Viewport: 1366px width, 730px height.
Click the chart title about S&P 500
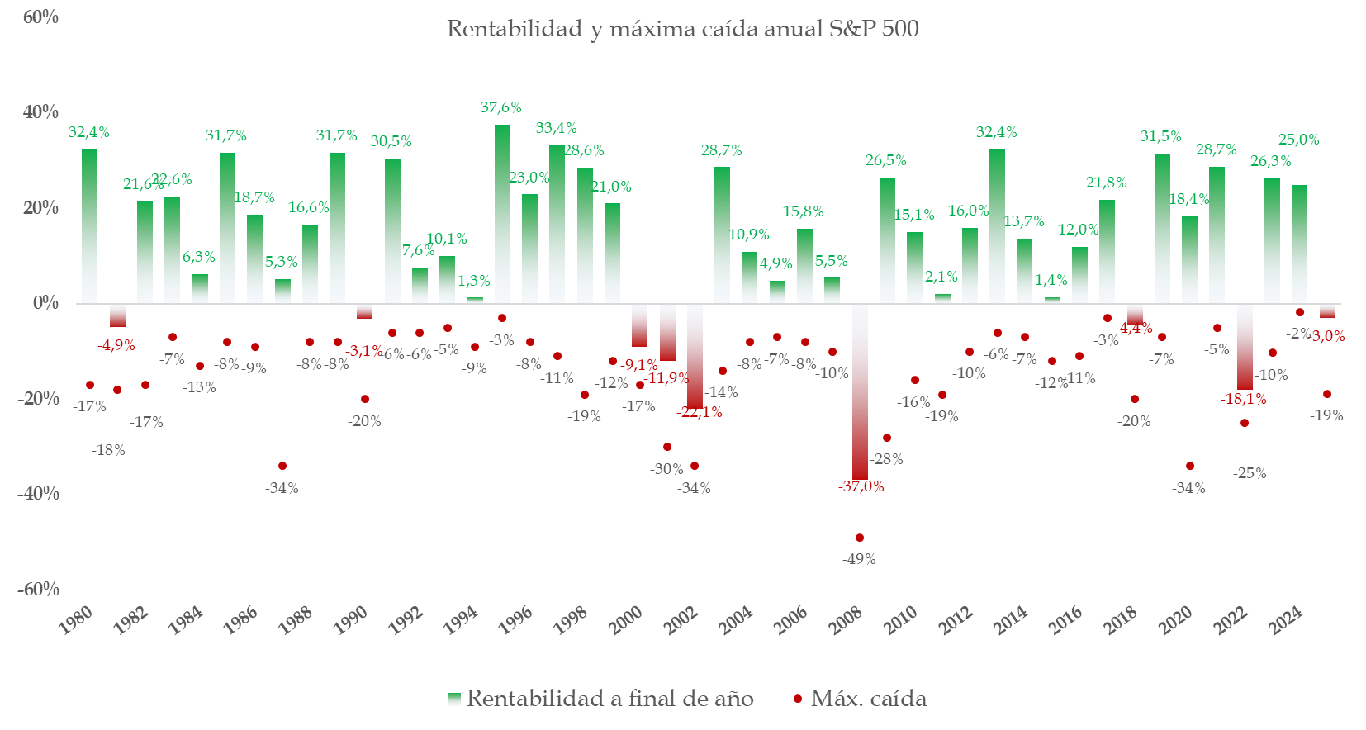682,29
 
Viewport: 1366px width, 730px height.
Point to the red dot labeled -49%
860,538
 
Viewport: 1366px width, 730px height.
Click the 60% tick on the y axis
40,17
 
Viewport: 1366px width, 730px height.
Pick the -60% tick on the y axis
38,589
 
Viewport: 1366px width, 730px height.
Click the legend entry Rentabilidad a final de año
600,699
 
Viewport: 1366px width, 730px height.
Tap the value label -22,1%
700,412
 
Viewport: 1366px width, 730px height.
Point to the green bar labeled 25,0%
1299,244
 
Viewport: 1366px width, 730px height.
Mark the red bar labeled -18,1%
1245,347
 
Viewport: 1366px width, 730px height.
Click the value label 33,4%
556,128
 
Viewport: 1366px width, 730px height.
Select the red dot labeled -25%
1245,423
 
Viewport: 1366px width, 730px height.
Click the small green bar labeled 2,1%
942,298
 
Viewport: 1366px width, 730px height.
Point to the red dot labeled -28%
887,438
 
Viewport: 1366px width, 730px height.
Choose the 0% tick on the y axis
45,303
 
